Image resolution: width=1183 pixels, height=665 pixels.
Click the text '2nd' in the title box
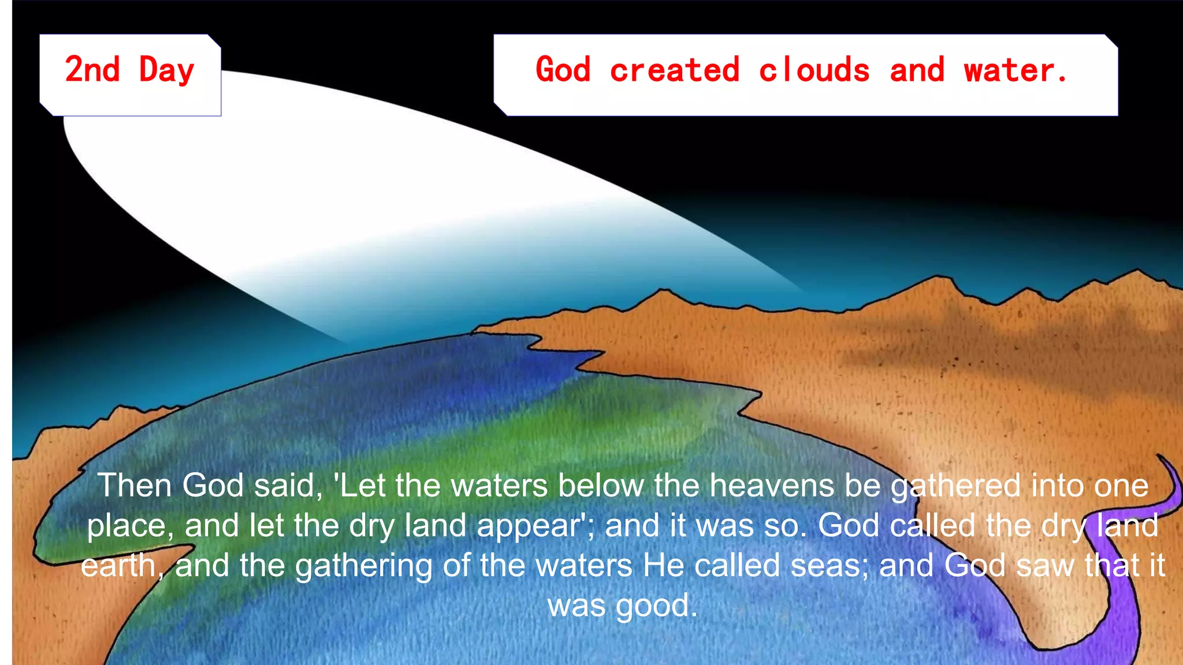coord(92,70)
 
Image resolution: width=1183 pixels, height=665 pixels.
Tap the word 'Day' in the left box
coord(166,71)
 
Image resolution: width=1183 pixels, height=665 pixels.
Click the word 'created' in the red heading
coord(674,70)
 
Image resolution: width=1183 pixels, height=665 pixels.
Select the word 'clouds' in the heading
coord(814,70)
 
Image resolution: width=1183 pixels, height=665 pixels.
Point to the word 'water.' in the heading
coord(1015,70)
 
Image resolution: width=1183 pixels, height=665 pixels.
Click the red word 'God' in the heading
coord(563,70)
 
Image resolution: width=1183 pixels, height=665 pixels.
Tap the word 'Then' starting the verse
coord(134,485)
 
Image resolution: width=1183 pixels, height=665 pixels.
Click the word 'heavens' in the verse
coord(772,485)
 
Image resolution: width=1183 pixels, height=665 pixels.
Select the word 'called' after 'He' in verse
coord(737,566)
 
